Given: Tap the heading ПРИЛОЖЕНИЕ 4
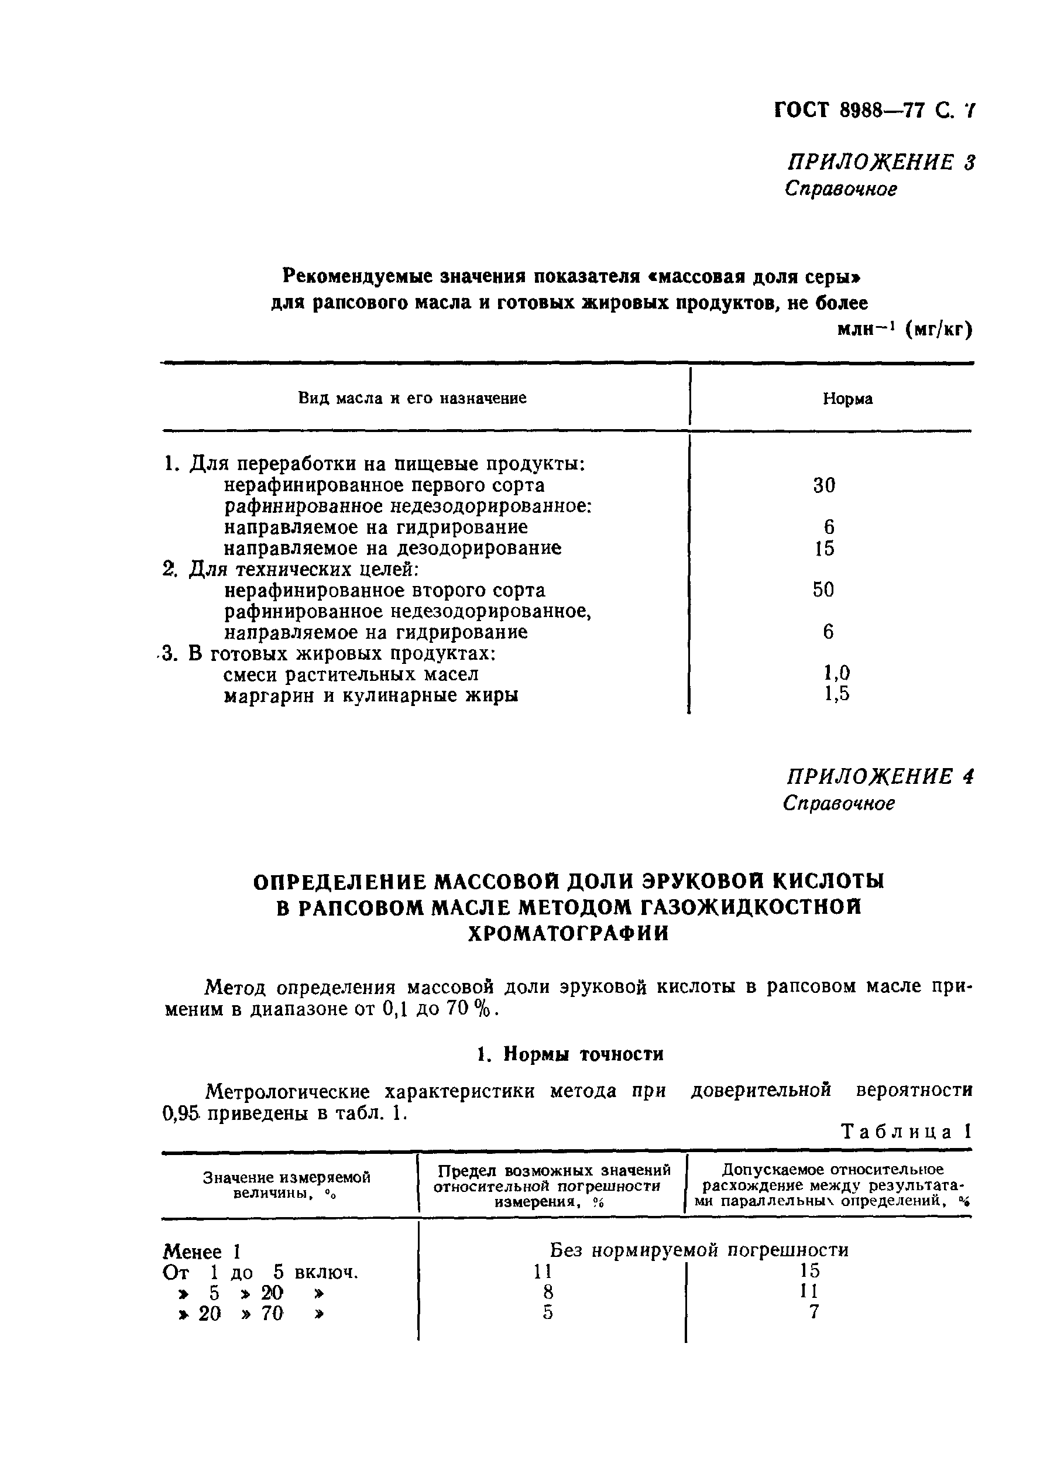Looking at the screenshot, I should coord(880,776).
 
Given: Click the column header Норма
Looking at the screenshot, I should coord(847,399).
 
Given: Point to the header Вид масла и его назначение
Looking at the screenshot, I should coord(412,399).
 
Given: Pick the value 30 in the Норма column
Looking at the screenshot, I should coord(824,485).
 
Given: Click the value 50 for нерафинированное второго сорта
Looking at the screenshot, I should coord(823,590).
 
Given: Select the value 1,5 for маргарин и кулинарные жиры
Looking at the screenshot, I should coord(836,694).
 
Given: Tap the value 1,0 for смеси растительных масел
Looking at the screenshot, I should coord(836,673).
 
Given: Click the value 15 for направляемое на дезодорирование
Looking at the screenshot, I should coord(824,549).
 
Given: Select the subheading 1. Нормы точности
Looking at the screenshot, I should coord(570,1054).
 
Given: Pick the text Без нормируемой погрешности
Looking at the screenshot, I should coord(699,1250).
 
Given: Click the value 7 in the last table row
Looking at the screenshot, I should coord(813,1312).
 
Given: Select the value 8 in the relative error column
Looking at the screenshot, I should coord(548,1291).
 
